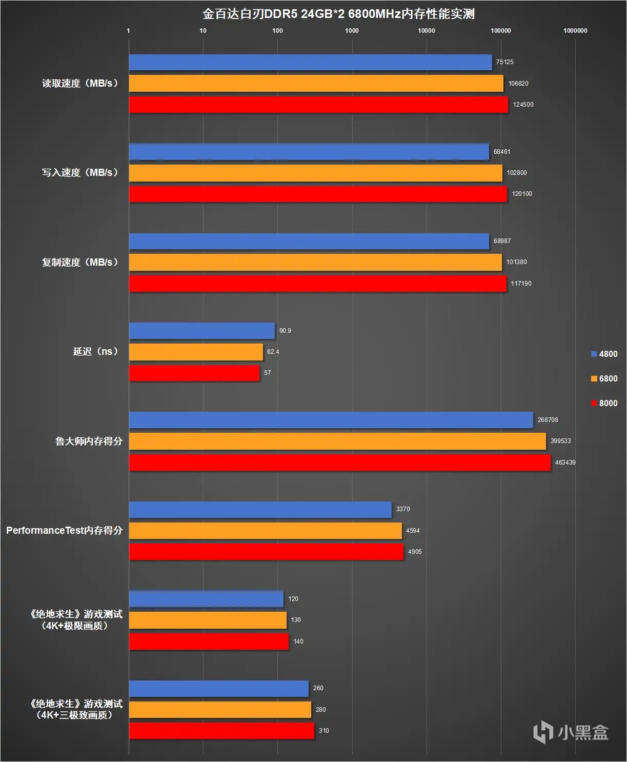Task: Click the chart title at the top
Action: (338, 13)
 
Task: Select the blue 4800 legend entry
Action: (604, 354)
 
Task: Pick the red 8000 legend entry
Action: (604, 403)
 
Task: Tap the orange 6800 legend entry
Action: (604, 378)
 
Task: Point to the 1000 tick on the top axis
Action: (352, 31)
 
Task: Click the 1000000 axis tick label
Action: (575, 31)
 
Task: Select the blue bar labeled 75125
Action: (310, 62)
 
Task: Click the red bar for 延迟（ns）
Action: (194, 373)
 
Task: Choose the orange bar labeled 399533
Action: (337, 441)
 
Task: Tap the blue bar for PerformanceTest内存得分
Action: (260, 509)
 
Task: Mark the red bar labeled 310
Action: (221, 731)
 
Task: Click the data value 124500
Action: (523, 105)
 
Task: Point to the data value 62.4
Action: (273, 352)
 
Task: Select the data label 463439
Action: (565, 463)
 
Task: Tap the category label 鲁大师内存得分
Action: (89, 441)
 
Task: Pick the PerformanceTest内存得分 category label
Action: (64, 530)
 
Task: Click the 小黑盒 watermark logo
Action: (570, 732)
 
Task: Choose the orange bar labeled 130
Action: (208, 620)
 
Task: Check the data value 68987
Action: (502, 241)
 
